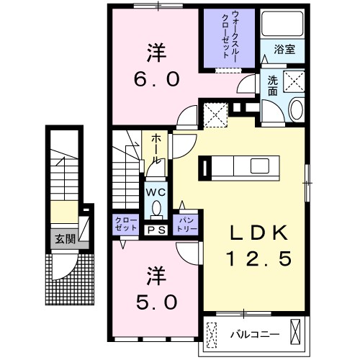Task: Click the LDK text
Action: coord(259,233)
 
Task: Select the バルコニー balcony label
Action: coord(253,335)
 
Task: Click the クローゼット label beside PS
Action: coord(125,223)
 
